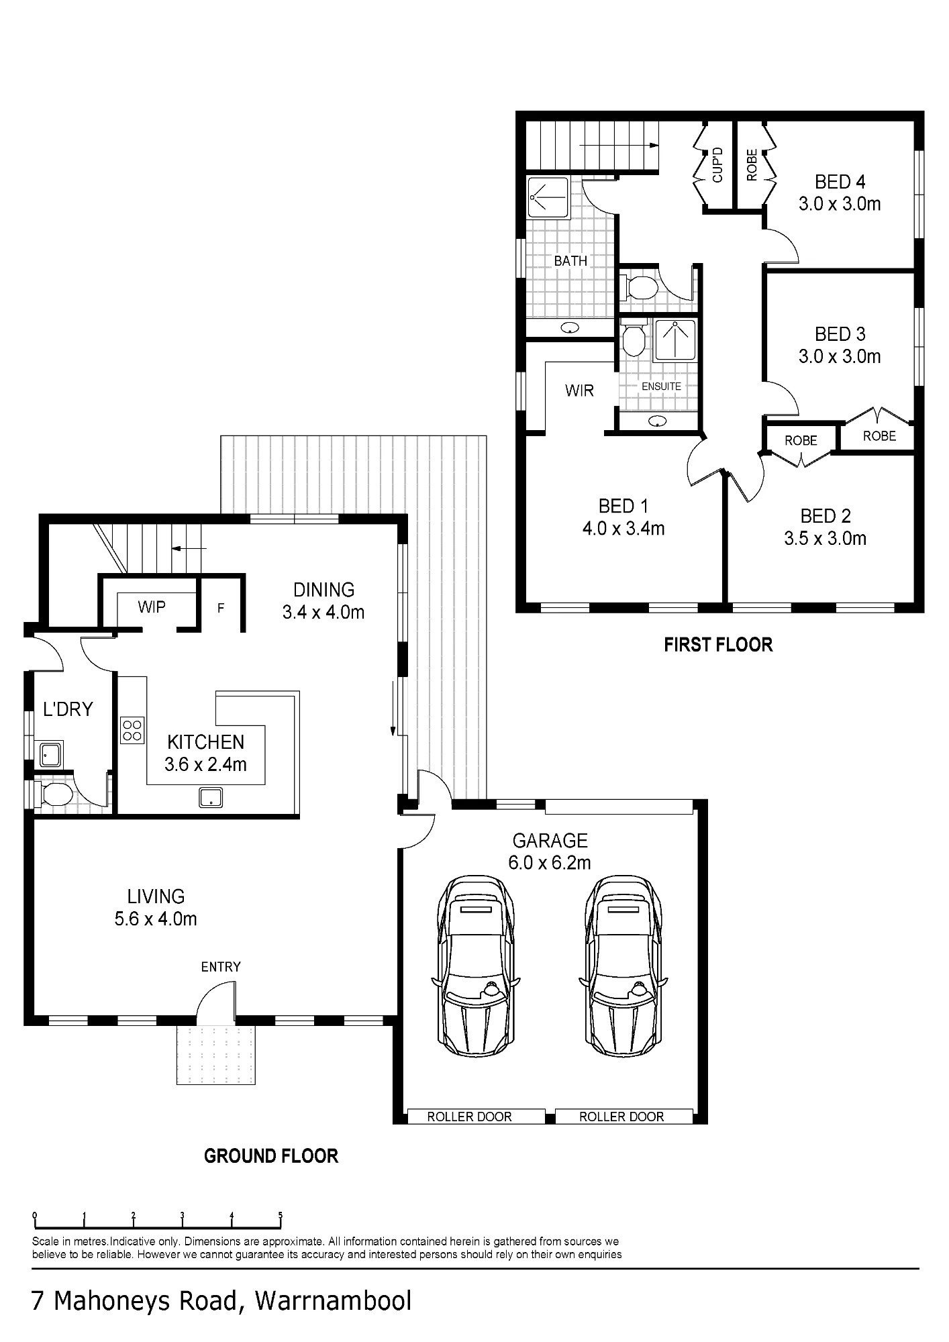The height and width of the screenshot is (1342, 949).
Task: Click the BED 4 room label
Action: pos(840,193)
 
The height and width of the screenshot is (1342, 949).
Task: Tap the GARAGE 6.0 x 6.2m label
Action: pos(550,851)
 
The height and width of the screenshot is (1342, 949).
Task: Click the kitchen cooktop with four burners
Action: pos(132,730)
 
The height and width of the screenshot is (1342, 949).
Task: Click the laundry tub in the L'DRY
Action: pos(48,755)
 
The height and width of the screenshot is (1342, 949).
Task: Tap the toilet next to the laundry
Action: pos(54,796)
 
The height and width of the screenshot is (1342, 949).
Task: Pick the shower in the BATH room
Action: pos(548,197)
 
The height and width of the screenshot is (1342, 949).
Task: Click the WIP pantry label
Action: pos(152,607)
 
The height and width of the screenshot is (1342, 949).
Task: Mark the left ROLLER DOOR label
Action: pos(470,1117)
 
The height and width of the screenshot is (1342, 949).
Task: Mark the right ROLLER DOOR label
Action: pos(621,1117)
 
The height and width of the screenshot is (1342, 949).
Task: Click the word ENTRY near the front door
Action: pos(221,967)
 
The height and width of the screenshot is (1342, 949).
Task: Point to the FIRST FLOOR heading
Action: pos(718,645)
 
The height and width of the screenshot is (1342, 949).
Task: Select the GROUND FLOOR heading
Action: pos(271,1156)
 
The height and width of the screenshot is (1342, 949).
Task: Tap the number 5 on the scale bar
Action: pos(281,1215)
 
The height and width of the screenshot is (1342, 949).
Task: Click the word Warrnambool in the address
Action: pos(333,1301)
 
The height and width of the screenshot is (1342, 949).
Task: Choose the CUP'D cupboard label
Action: pos(717,165)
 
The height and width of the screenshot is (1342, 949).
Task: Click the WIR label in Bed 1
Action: pos(579,391)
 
